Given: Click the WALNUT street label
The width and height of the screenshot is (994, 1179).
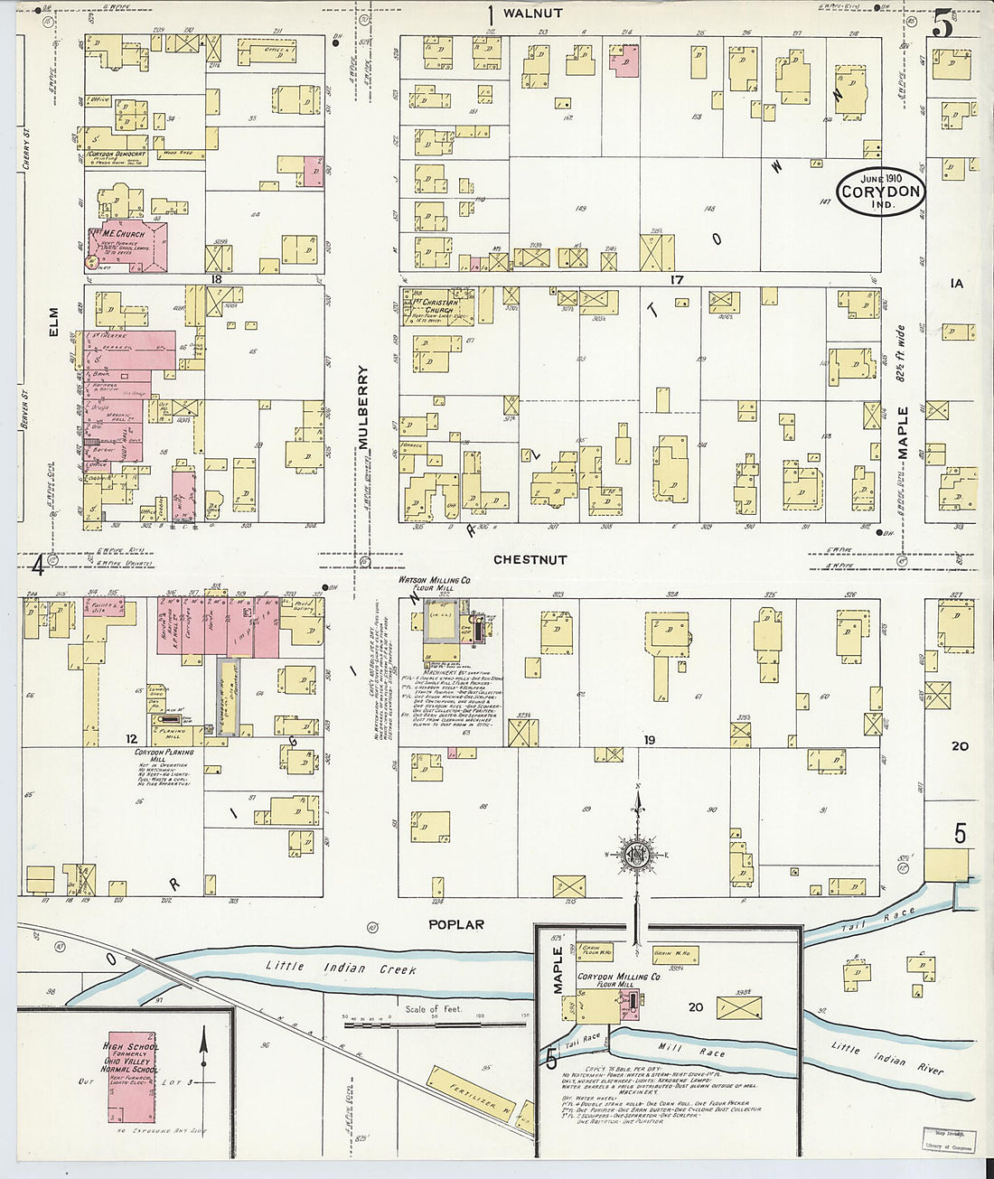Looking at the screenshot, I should coord(532,14).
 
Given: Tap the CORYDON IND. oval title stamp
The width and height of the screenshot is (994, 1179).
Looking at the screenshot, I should coord(880,192).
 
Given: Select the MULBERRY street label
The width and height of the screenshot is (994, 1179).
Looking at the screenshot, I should coord(363,407).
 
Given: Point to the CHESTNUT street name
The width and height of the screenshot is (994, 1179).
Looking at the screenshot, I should coord(530,560).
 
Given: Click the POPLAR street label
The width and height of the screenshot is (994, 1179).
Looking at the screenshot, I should coord(456,924).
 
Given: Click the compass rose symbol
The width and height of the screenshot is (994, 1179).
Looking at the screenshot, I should coord(638,853).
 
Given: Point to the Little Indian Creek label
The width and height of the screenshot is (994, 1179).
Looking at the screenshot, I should coord(341,968).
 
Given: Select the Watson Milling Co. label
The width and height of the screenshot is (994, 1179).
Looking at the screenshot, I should coord(435,581).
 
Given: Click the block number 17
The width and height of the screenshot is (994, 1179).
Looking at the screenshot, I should coord(676,280).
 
